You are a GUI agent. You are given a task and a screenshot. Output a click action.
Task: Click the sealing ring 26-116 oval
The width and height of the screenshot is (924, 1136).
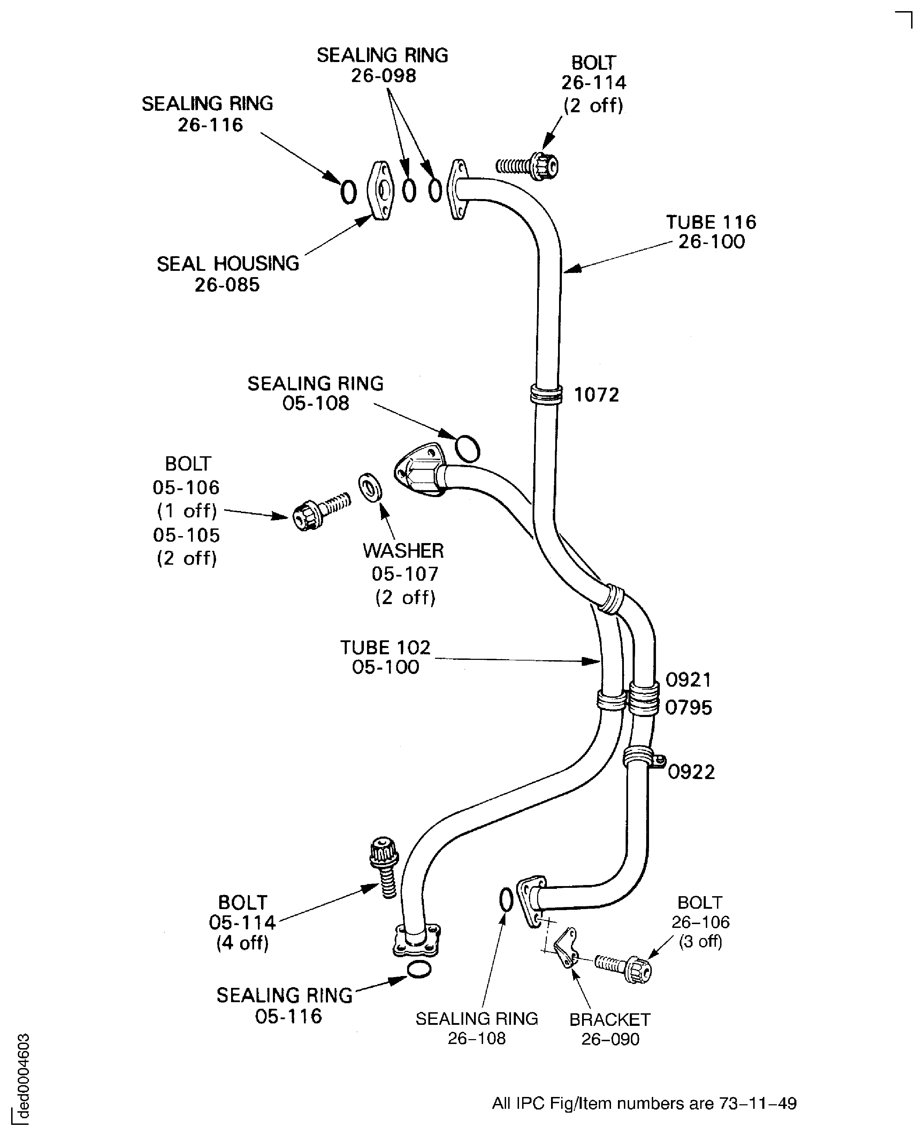tap(348, 192)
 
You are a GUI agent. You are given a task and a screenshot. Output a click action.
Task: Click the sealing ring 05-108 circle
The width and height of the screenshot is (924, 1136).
tap(468, 448)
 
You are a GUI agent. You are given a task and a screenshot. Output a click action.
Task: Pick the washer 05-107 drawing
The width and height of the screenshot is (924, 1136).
tap(369, 487)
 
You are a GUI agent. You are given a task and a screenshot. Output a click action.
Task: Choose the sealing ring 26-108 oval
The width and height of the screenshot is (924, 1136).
tap(506, 900)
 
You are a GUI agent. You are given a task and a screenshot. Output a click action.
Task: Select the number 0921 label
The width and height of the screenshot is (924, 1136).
tap(688, 680)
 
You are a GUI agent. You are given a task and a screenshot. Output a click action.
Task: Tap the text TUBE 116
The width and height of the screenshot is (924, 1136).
tap(711, 222)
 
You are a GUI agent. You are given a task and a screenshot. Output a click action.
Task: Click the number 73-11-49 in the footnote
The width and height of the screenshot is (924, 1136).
tap(757, 1104)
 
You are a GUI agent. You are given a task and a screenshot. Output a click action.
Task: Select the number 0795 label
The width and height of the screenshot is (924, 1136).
tap(688, 708)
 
